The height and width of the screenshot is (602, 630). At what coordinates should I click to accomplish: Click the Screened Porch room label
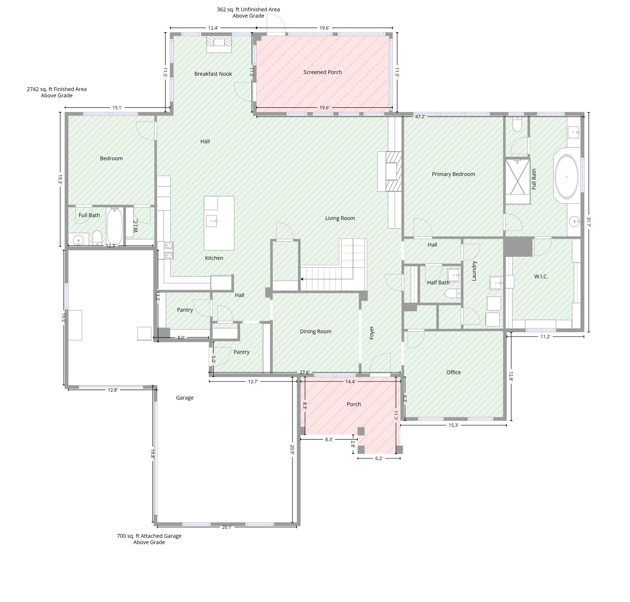click(322, 72)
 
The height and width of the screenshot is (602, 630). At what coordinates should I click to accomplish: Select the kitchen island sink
click(212, 221)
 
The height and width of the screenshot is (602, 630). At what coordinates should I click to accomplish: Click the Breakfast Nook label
click(213, 74)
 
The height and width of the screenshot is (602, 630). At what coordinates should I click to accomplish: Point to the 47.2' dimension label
click(420, 116)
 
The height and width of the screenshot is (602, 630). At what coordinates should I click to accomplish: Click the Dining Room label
click(315, 332)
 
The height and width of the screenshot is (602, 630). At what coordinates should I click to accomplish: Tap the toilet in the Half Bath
click(455, 293)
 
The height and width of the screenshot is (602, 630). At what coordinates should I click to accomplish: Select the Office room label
click(453, 372)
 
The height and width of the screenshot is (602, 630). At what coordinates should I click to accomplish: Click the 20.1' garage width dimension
click(227, 527)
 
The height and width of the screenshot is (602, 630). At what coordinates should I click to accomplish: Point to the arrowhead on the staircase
click(302, 279)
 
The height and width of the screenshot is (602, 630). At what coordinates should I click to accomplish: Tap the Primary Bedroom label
click(453, 174)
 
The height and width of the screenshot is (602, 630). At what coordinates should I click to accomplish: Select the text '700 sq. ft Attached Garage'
click(149, 536)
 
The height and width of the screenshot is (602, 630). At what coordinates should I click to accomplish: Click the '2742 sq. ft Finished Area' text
click(57, 89)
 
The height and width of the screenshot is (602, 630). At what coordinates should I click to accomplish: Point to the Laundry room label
click(474, 271)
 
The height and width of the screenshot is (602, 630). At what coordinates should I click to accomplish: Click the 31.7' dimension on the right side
click(588, 222)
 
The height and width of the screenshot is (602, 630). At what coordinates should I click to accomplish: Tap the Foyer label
click(371, 333)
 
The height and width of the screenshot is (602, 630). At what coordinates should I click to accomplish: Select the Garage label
click(184, 398)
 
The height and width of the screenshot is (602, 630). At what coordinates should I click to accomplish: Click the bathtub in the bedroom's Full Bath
click(115, 227)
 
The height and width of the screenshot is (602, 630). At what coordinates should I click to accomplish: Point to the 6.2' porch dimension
click(379, 458)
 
